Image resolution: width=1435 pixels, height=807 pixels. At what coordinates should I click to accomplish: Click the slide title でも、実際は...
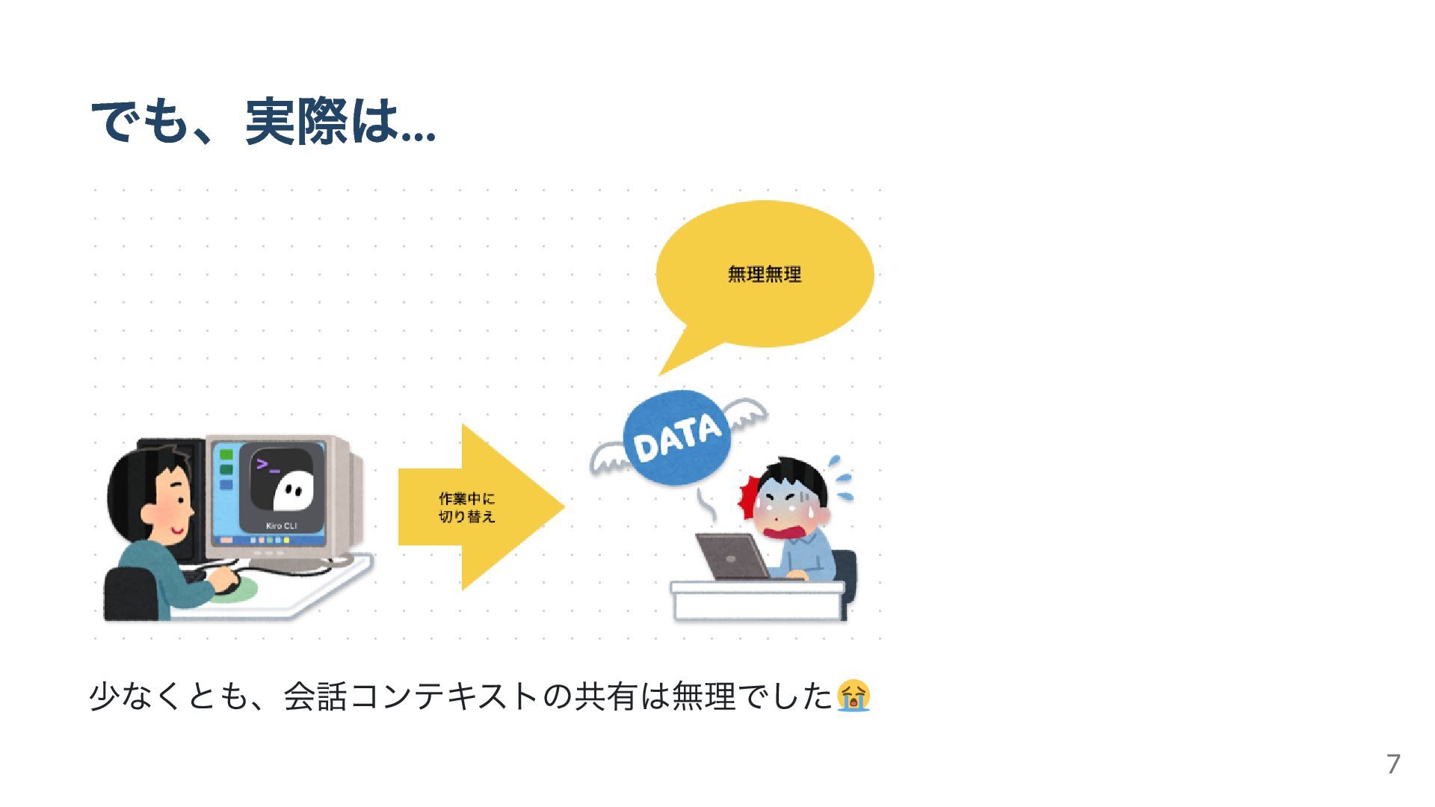pos(262,122)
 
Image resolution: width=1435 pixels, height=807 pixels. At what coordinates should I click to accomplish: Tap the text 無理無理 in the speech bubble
pos(764,275)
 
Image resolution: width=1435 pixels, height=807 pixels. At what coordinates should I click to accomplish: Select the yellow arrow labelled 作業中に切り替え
pos(478,507)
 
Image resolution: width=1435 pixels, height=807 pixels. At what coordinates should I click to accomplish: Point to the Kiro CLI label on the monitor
pos(282,526)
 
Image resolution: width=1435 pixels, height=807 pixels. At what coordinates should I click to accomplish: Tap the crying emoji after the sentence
pos(853,696)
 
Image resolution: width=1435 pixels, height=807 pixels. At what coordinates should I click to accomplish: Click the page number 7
pos(1392,764)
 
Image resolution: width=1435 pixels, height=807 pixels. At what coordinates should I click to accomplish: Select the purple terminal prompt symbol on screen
pos(267,466)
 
